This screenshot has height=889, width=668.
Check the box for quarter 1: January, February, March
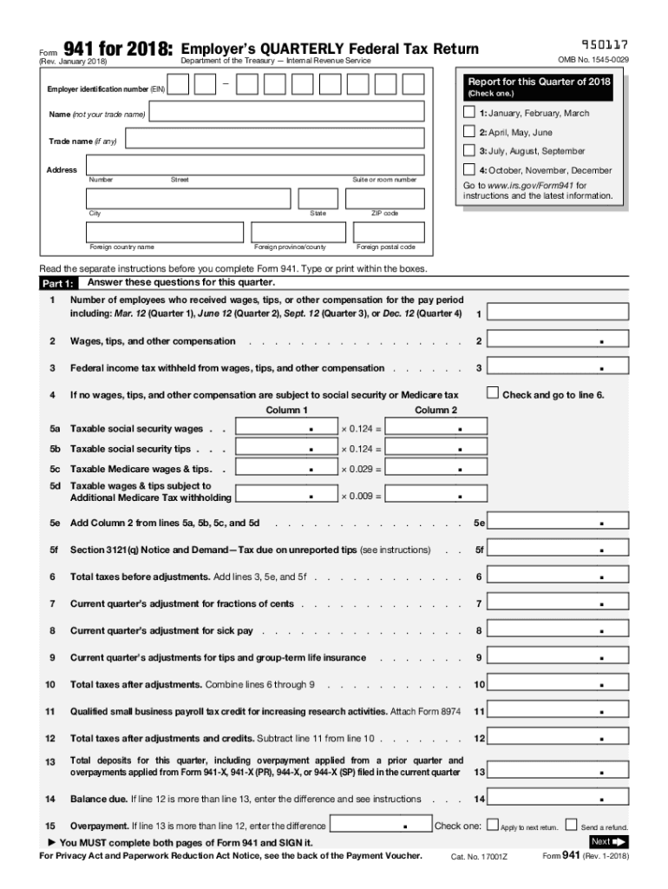(x=469, y=113)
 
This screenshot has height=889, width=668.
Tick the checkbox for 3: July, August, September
(x=469, y=151)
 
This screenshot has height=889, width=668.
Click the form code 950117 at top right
(x=605, y=44)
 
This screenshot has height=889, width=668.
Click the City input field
(x=188, y=199)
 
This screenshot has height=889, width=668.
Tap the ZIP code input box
(x=385, y=199)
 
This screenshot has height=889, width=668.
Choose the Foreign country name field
(x=165, y=233)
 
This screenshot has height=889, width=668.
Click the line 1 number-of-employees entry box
(x=557, y=313)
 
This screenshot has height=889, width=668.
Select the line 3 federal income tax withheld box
(x=557, y=368)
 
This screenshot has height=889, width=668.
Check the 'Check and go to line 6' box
(x=493, y=393)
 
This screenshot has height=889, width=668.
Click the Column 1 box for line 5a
(x=287, y=427)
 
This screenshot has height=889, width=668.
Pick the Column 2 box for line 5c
(x=436, y=469)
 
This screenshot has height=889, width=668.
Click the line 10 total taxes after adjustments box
(x=557, y=684)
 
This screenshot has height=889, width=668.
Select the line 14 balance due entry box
(x=557, y=798)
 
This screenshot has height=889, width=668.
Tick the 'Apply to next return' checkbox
(x=493, y=826)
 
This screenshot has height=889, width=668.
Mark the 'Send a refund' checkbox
(x=571, y=826)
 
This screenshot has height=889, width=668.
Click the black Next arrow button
(x=608, y=841)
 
